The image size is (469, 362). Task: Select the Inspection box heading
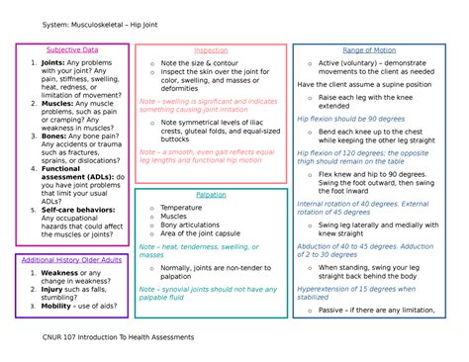pyautogui.click(x=210, y=49)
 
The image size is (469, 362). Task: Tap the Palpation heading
pyautogui.click(x=210, y=195)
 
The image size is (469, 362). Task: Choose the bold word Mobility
pyautogui.click(x=61, y=307)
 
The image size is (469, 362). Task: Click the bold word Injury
pyautogui.click(x=56, y=289)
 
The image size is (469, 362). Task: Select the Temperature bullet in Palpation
pyautogui.click(x=186, y=208)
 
